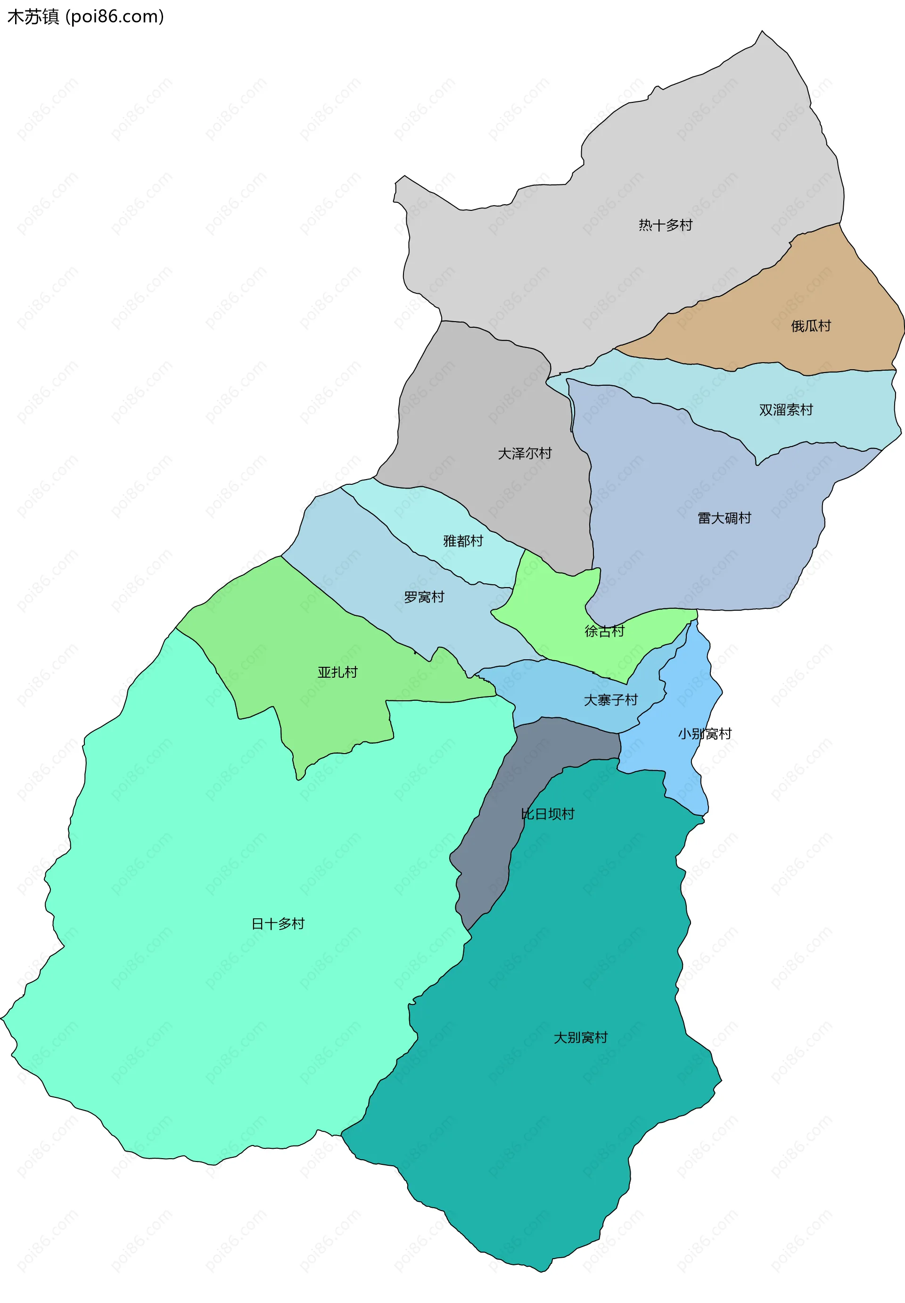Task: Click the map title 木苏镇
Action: click(x=33, y=17)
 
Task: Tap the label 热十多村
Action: click(x=665, y=225)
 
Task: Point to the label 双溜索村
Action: click(x=785, y=409)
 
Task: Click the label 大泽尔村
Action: click(x=525, y=453)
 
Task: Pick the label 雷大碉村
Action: click(x=724, y=518)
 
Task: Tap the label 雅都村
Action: click(x=463, y=540)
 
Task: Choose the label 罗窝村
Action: click(x=424, y=597)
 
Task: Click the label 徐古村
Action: click(x=604, y=631)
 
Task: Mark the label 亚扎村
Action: click(x=337, y=672)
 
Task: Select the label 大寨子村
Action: click(x=611, y=700)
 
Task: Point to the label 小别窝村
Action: click(x=704, y=733)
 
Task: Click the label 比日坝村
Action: click(x=547, y=814)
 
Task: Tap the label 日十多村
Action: click(x=278, y=923)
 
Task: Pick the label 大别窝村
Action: click(x=580, y=1037)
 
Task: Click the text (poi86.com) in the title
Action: click(x=115, y=17)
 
